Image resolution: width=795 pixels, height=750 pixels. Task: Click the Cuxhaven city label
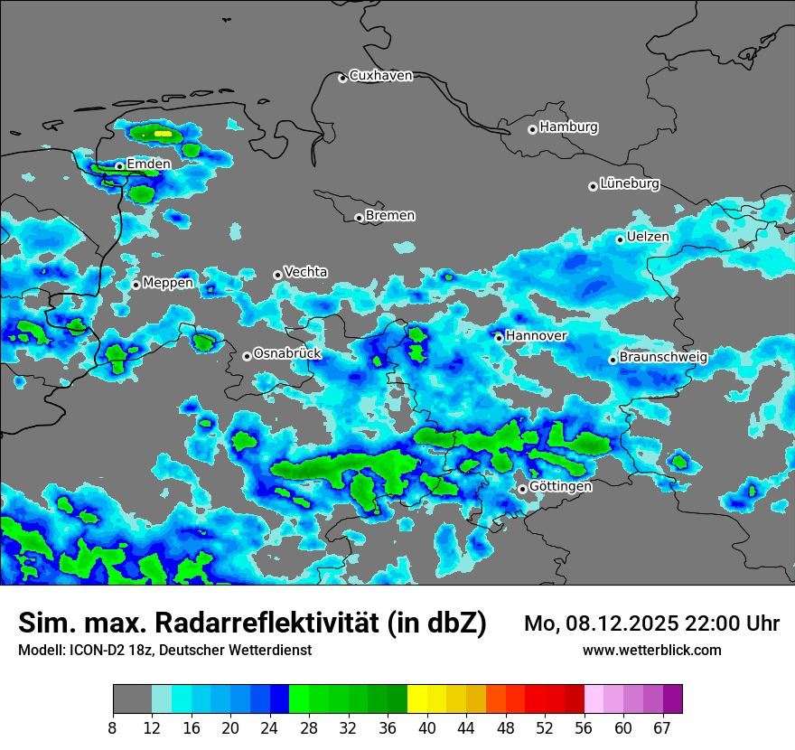pyautogui.click(x=380, y=76)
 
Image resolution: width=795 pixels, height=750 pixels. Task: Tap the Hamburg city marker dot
pyautogui.click(x=532, y=129)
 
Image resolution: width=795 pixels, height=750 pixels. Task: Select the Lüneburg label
pyautogui.click(x=630, y=183)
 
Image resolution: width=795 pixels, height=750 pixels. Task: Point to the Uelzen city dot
pyautogui.click(x=620, y=239)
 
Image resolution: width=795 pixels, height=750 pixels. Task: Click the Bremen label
pyautogui.click(x=390, y=215)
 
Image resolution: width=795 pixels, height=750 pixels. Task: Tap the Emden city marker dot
pyautogui.click(x=119, y=166)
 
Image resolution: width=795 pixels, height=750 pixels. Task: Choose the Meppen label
pyautogui.click(x=168, y=283)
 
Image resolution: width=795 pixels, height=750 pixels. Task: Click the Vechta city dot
pyautogui.click(x=277, y=275)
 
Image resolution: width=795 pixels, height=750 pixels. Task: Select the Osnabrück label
pyautogui.click(x=287, y=353)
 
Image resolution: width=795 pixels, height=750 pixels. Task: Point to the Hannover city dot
pyautogui.click(x=499, y=338)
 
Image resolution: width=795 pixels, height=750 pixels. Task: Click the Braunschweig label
pyautogui.click(x=663, y=357)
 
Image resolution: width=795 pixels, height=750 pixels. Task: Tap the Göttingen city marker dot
pyautogui.click(x=522, y=489)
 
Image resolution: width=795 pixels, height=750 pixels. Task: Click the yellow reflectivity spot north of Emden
pyautogui.click(x=163, y=134)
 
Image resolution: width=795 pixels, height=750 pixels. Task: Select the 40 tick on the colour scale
pyautogui.click(x=427, y=727)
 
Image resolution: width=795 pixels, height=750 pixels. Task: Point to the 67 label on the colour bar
pyautogui.click(x=662, y=727)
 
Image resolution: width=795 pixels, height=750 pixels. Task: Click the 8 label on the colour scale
pyautogui.click(x=113, y=727)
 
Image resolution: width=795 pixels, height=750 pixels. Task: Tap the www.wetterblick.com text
pyautogui.click(x=651, y=651)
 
